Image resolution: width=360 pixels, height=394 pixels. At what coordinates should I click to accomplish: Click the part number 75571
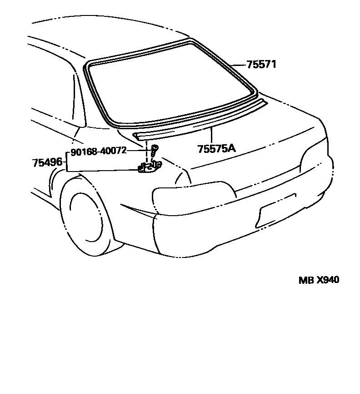point(261,65)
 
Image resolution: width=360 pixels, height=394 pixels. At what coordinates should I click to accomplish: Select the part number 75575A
point(216,149)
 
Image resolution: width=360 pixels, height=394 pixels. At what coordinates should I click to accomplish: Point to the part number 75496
point(47,162)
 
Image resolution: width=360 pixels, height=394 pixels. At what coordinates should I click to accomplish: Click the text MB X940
point(319,280)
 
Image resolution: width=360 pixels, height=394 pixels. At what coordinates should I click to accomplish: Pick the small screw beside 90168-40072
point(155,148)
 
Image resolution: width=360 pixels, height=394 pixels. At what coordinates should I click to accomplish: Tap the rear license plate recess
point(277,209)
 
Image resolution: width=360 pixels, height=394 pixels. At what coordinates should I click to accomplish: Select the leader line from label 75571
point(238,65)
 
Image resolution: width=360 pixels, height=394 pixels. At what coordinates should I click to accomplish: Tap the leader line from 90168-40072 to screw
point(139,150)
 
